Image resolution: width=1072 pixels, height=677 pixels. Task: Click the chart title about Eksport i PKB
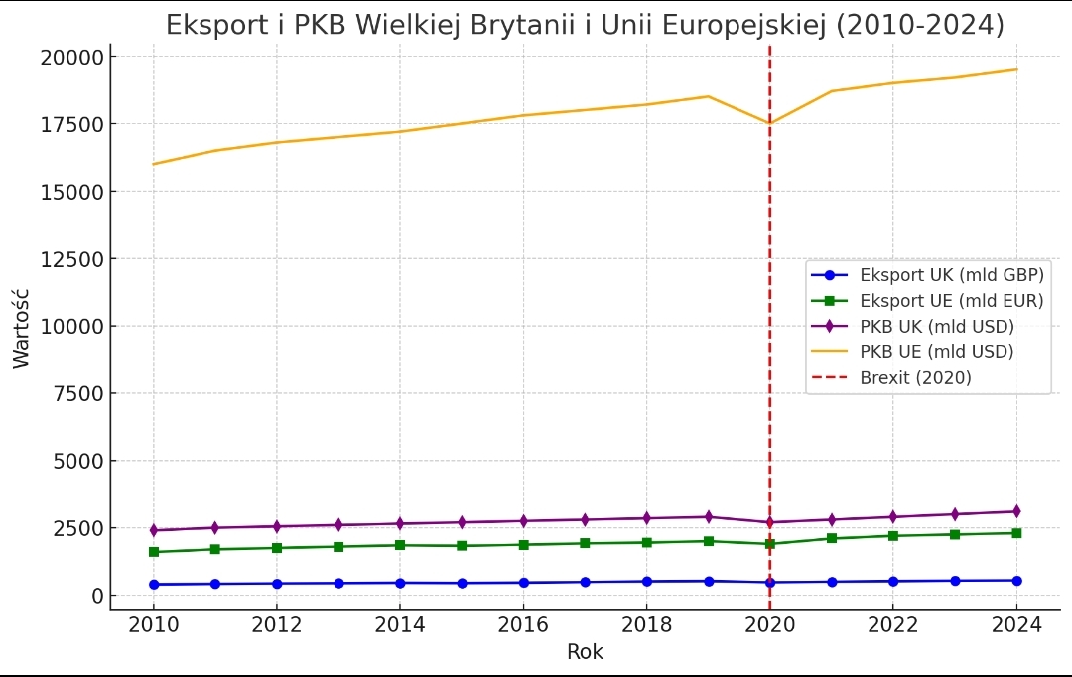(x=585, y=24)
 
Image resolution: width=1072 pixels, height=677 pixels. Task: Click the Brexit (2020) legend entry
(x=916, y=378)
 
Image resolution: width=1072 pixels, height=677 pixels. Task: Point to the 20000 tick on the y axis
(x=71, y=57)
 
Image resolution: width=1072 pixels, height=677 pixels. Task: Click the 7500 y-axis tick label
(x=77, y=393)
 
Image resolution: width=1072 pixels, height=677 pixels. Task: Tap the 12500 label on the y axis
(x=71, y=259)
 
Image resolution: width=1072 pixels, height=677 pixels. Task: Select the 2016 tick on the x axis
(x=523, y=624)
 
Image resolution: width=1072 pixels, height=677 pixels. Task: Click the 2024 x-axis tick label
(x=1016, y=624)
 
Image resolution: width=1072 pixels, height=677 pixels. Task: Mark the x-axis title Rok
(x=585, y=652)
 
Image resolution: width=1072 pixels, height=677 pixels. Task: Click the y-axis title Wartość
(x=22, y=328)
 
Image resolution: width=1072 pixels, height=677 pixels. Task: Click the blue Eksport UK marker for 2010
(x=154, y=585)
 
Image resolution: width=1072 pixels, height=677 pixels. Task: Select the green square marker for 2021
(x=832, y=538)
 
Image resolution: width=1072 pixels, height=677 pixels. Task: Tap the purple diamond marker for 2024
(x=1016, y=511)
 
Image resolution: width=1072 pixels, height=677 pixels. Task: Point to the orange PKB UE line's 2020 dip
(x=770, y=123)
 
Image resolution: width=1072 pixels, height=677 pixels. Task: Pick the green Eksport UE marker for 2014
(x=400, y=545)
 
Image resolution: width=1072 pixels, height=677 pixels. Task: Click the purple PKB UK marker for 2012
(x=277, y=526)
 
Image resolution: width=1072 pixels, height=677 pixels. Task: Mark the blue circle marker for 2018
(x=646, y=582)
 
